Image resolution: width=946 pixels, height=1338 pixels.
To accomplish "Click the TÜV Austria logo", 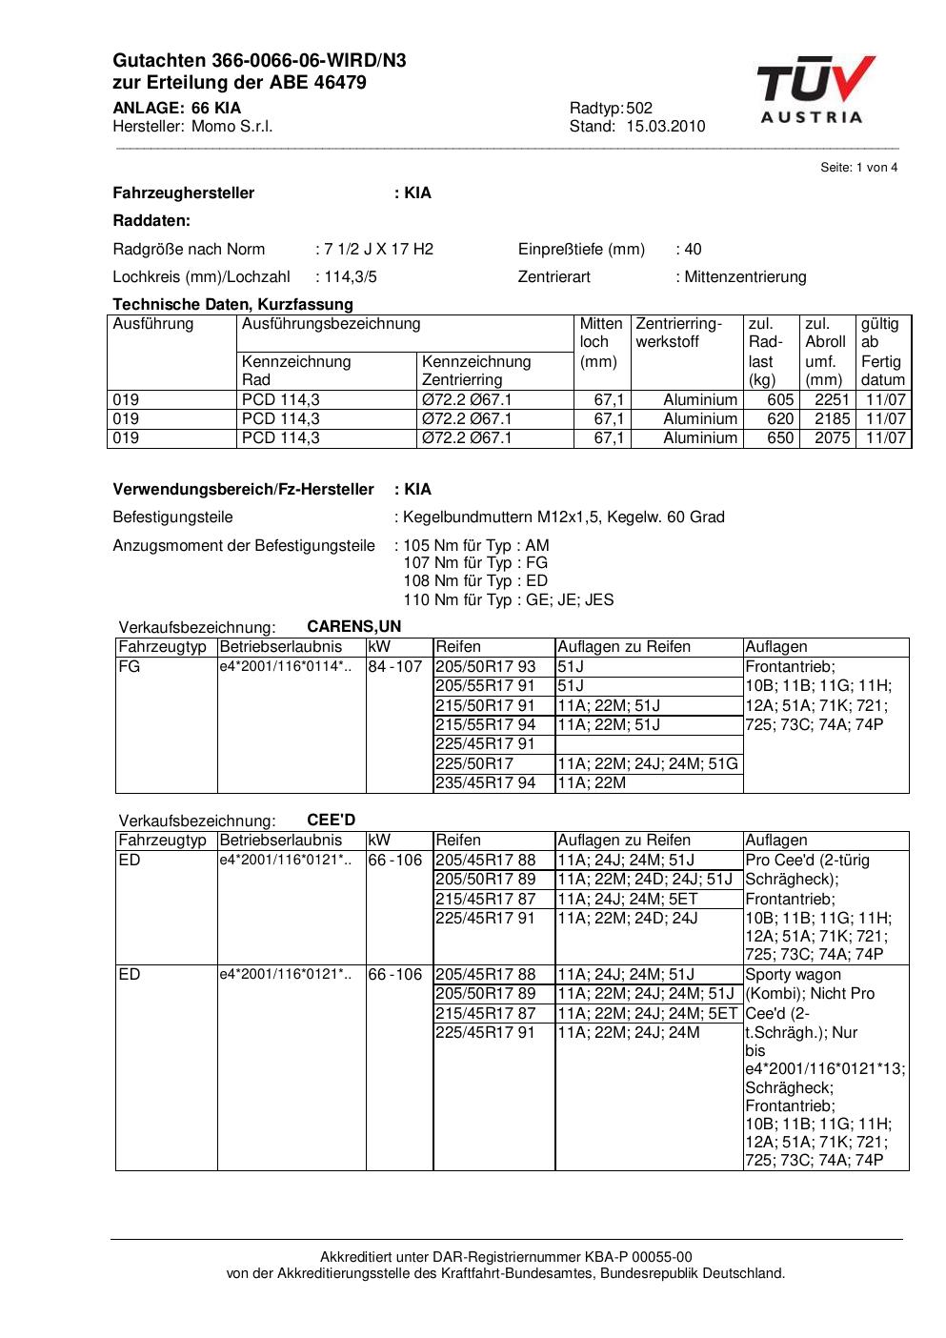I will point(815,90).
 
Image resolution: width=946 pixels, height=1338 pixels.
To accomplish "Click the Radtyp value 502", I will point(639,108).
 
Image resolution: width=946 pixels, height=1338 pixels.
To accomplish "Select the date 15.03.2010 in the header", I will point(665,127).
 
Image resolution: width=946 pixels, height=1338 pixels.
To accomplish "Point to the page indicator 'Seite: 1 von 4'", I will point(858,168).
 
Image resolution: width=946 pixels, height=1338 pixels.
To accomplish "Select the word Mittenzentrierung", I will point(744,277).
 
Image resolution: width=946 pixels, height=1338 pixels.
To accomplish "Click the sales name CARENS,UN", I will point(354,627).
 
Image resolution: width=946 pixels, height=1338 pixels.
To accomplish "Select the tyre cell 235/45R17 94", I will point(486,783).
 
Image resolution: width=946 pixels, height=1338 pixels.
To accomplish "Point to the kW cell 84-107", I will point(395,667).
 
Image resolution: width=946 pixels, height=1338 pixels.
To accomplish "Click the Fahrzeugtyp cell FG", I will point(129,667).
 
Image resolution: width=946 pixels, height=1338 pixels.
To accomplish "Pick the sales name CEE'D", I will point(332,821).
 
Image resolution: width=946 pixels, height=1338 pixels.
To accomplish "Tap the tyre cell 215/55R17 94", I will point(486,725).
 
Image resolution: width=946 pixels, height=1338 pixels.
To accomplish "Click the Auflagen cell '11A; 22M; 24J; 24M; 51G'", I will point(647,764).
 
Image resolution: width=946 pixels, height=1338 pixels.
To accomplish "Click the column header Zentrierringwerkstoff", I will point(679,333).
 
